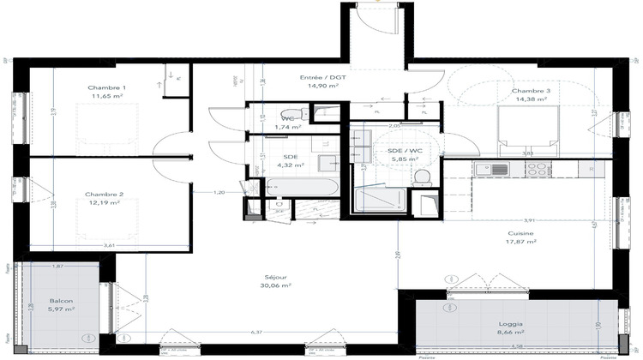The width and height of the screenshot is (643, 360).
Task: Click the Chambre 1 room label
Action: [x=107, y=88]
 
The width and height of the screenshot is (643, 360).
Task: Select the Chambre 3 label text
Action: [x=532, y=91]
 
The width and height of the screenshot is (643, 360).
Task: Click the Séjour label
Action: [x=275, y=277]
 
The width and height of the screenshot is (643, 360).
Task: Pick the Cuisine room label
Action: [x=521, y=233]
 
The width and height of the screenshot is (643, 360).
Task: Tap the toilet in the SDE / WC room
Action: [x=421, y=177]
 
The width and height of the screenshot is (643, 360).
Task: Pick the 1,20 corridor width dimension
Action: [x=220, y=193]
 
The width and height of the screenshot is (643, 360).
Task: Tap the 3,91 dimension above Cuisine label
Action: [x=530, y=220]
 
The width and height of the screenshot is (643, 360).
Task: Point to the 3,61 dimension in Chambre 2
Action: [x=109, y=246]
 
